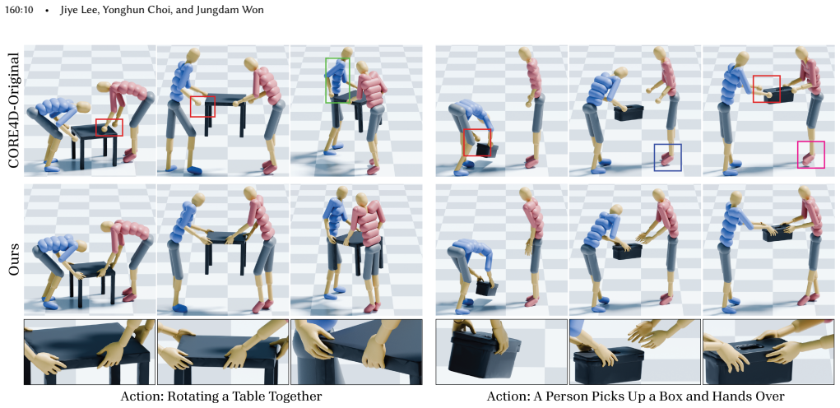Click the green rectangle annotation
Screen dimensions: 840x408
(326, 81)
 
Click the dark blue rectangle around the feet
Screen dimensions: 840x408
(655, 157)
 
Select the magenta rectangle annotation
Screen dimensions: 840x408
(798, 154)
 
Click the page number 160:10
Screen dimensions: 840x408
(19, 10)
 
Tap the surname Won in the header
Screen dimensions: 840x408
(253, 10)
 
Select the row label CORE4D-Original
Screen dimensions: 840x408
(15, 111)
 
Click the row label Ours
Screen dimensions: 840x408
(15, 260)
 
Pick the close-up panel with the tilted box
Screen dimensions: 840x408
(501, 352)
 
